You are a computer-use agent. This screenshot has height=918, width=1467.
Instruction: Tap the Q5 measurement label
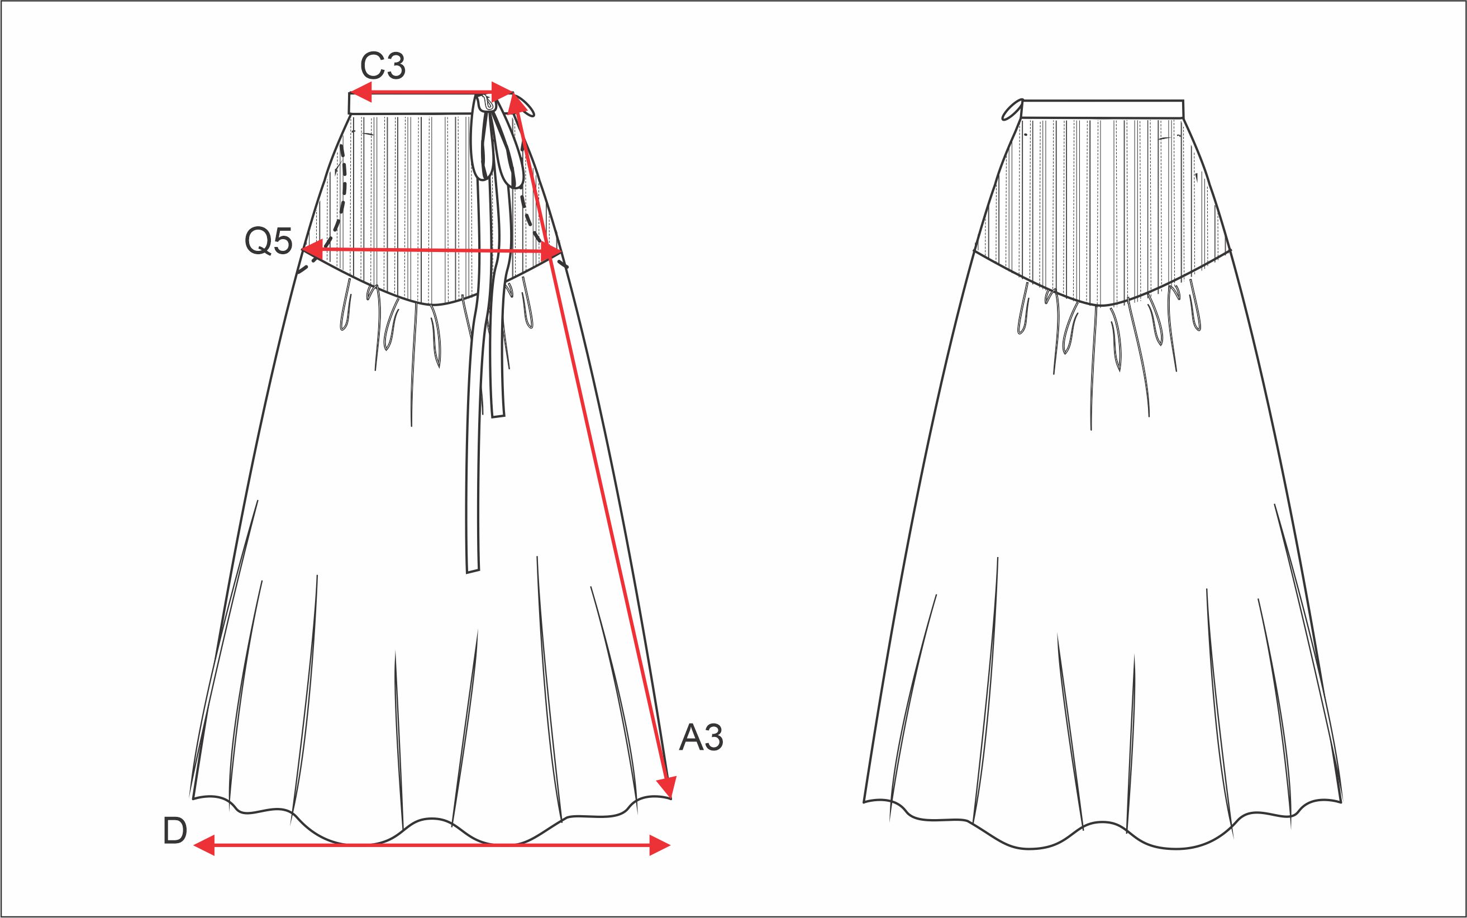[x=268, y=241]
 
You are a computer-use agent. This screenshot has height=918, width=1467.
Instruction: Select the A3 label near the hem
[x=701, y=738]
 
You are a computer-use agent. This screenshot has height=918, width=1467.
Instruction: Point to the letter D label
[x=175, y=832]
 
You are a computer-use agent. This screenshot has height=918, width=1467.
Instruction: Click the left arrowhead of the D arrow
[x=203, y=845]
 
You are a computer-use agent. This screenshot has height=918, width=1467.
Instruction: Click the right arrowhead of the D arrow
[x=660, y=845]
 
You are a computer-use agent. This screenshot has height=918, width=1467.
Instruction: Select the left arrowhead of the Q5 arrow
[x=311, y=249]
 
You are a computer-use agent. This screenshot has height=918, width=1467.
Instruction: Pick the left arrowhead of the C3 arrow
[x=360, y=93]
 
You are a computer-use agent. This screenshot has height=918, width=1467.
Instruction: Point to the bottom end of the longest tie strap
[x=472, y=569]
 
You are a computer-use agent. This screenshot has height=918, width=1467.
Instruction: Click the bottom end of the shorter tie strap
[x=498, y=415]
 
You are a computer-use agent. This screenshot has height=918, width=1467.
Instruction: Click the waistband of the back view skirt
[x=1103, y=109]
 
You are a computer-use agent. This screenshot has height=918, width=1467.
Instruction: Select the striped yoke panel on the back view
[x=1102, y=201]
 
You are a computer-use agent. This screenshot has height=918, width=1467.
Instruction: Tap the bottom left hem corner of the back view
[x=864, y=802]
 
